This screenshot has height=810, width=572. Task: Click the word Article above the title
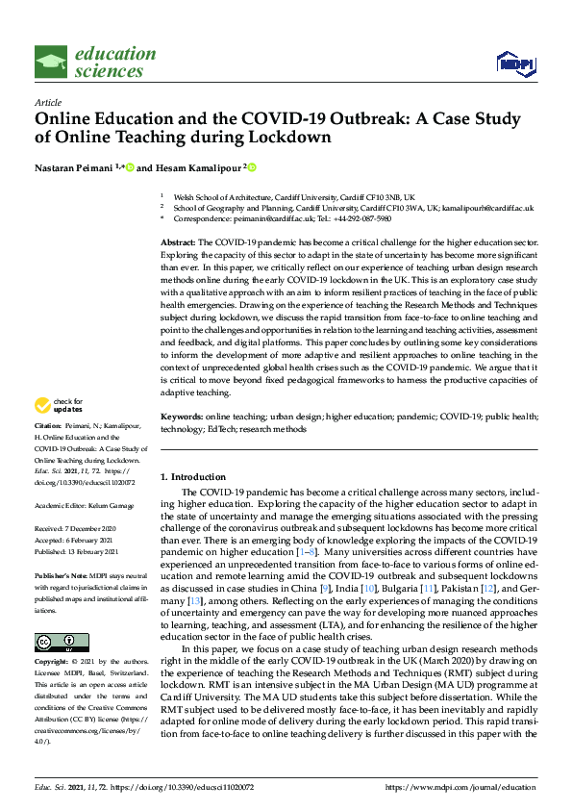coord(48,102)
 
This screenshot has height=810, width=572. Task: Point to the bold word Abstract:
coord(178,243)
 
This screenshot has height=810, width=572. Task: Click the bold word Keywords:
coord(181,443)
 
